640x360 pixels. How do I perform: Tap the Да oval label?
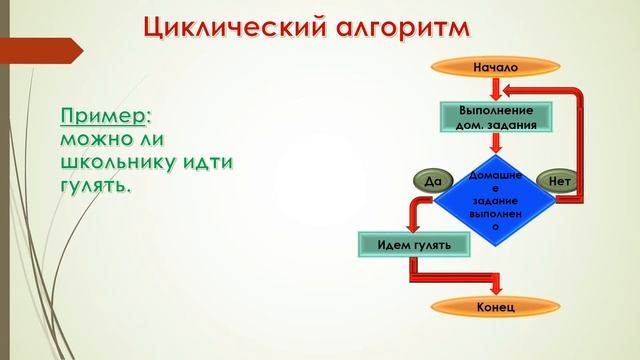click(432, 182)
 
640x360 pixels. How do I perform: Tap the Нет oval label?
click(560, 182)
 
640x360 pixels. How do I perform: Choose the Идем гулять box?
click(414, 244)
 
